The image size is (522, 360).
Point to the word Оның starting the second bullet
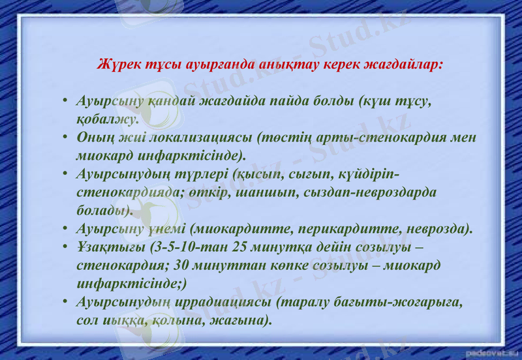pyautogui.click(x=96, y=138)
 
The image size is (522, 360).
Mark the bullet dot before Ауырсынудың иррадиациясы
pyautogui.click(x=66, y=303)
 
